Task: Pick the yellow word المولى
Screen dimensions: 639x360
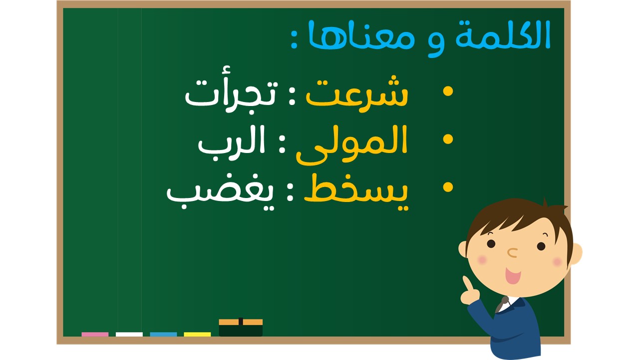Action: pyautogui.click(x=352, y=145)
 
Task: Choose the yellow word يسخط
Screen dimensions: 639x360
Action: pyautogui.click(x=356, y=192)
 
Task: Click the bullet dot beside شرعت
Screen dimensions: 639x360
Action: pyautogui.click(x=448, y=91)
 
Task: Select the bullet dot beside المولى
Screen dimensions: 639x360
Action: pyautogui.click(x=448, y=139)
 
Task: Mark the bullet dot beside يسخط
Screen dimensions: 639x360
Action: pyautogui.click(x=448, y=187)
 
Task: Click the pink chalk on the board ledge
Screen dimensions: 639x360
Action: pyautogui.click(x=95, y=334)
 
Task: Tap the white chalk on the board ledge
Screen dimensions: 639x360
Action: pyautogui.click(x=129, y=334)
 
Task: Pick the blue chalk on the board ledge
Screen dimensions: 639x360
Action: pyautogui.click(x=163, y=334)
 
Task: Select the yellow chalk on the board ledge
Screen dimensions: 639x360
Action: pyautogui.click(x=197, y=334)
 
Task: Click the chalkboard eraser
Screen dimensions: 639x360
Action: pyautogui.click(x=241, y=327)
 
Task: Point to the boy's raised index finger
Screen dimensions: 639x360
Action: pyautogui.click(x=467, y=283)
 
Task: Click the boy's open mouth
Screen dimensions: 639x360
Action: pyautogui.click(x=513, y=275)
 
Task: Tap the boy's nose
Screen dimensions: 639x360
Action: pyautogui.click(x=512, y=252)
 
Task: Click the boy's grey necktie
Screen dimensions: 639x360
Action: pyautogui.click(x=502, y=304)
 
